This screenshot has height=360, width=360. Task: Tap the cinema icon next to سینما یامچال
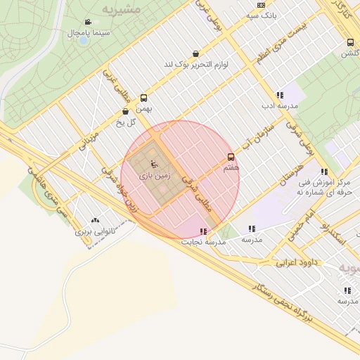88,22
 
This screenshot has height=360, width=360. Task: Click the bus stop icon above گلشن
350,42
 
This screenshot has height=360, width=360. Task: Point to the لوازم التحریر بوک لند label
198,64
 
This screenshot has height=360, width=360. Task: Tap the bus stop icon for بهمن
144,98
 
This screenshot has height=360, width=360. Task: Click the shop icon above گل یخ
125,111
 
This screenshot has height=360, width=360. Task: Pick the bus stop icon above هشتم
231,157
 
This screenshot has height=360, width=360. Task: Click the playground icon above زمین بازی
154,164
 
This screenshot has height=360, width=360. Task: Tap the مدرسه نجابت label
203,241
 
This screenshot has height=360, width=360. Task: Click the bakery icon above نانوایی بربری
95,220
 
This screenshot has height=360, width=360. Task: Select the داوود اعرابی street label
297,264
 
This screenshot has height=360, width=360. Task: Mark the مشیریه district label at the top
121,9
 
